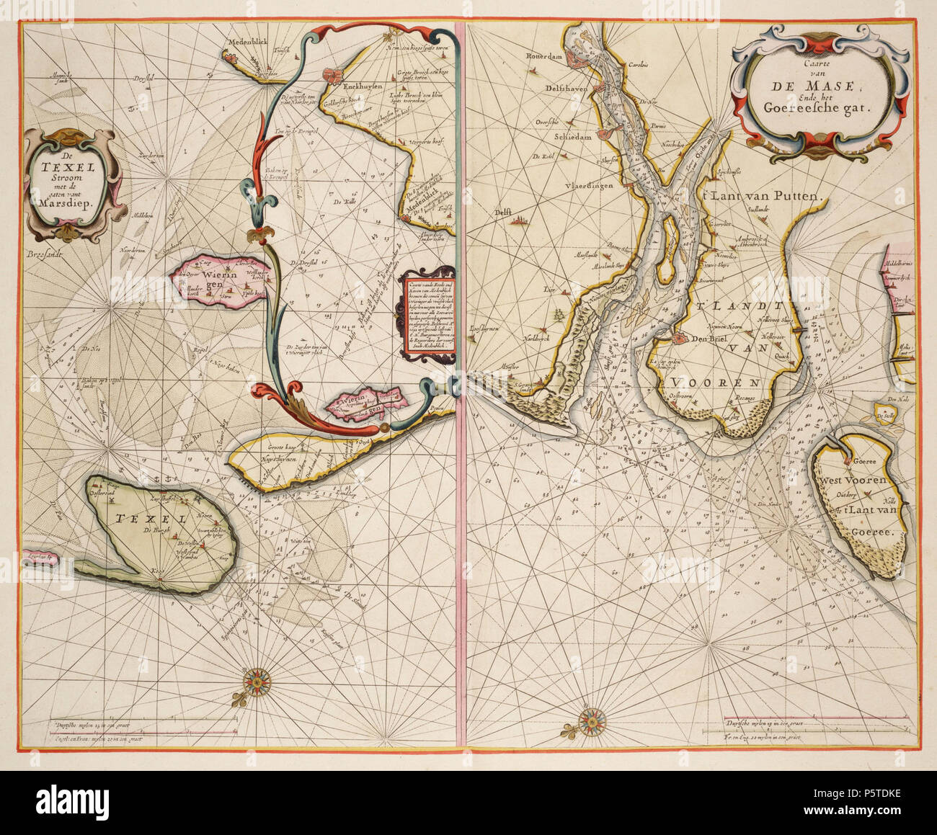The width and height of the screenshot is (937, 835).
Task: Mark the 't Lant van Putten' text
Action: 757,195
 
